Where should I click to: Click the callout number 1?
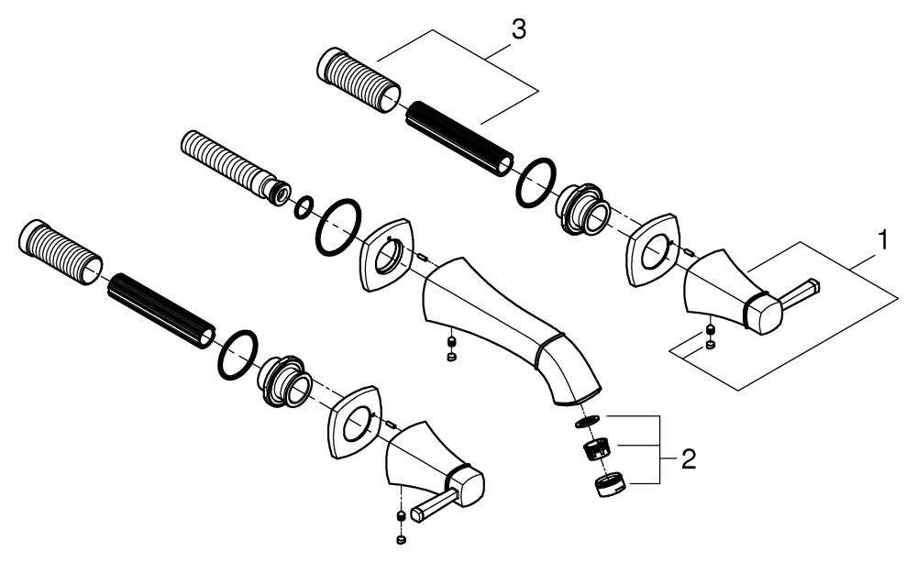884,240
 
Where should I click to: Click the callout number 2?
689,459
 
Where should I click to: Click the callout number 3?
519,30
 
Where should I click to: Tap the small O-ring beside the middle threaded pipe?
303,207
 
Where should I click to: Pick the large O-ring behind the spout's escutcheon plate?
338,226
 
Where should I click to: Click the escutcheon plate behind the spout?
387,255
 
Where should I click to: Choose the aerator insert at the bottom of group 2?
610,485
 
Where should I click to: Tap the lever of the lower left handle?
434,505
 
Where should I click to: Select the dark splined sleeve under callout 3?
459,139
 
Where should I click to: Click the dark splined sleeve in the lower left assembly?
160,311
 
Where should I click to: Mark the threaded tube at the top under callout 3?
359,80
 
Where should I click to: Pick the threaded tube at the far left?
61,252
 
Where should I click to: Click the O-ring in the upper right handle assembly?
536,182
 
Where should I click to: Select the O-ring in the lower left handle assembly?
238,354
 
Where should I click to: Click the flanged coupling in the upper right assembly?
582,209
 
